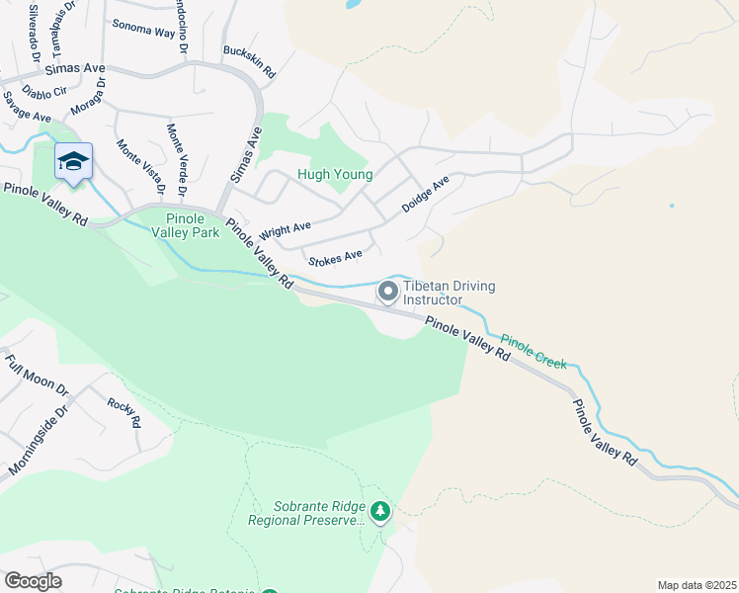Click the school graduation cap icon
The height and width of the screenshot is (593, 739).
[73, 161]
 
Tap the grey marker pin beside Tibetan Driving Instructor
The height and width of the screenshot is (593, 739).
[388, 292]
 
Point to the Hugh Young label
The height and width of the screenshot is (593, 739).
[335, 175]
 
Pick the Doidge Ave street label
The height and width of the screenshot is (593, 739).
[425, 195]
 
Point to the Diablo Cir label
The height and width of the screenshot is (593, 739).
[45, 90]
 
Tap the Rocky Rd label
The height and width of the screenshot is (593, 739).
[124, 412]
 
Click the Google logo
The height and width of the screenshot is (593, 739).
[32, 581]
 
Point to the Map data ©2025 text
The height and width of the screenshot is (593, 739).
[697, 584]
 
